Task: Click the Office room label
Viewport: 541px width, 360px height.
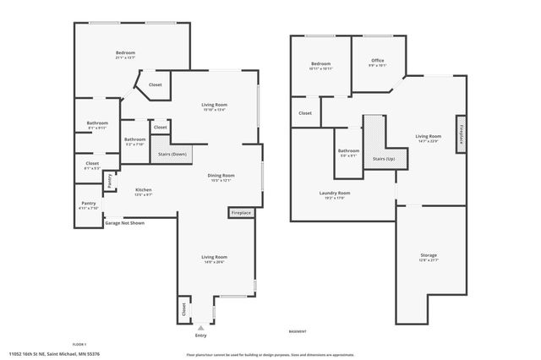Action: [x=378, y=62]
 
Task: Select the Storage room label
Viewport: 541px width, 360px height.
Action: [x=429, y=257]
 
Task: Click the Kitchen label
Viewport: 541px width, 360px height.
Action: [x=144, y=192]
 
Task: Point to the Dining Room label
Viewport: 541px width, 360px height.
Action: [x=221, y=177]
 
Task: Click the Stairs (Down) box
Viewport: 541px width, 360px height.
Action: [x=173, y=155]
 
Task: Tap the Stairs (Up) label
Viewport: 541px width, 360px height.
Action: [x=384, y=159]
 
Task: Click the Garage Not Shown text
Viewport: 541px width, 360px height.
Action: [x=124, y=223]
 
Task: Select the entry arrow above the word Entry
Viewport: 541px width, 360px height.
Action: [x=200, y=325]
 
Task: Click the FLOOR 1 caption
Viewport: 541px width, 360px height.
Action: [x=79, y=344]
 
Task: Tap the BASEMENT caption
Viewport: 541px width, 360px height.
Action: [x=298, y=331]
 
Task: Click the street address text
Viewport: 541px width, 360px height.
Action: [x=53, y=354]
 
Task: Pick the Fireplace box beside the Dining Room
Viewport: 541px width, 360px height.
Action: [x=241, y=213]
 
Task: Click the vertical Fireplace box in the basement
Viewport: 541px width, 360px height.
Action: [x=461, y=134]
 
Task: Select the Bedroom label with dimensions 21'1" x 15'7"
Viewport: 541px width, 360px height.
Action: [x=125, y=56]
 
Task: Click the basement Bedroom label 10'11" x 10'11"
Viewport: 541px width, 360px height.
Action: [x=320, y=66]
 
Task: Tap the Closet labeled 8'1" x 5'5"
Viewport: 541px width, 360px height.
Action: [x=92, y=166]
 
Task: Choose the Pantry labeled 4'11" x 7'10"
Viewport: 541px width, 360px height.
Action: [x=88, y=205]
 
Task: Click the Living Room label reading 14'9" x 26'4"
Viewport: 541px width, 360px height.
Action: [x=214, y=259]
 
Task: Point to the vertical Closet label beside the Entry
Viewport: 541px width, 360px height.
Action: [x=183, y=310]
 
